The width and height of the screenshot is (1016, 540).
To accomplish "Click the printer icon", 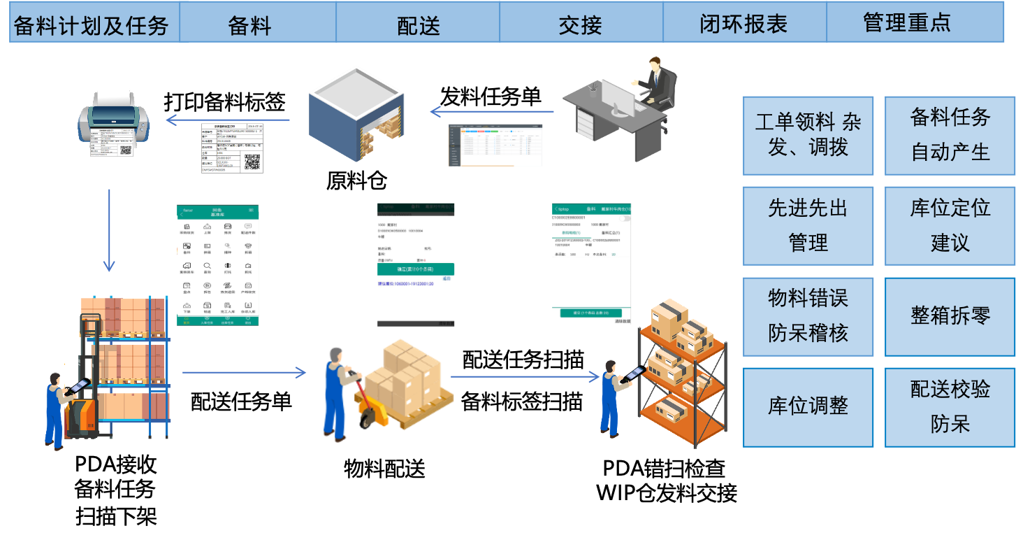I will coord(113,119).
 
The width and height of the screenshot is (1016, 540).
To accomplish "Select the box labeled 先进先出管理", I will coord(808,225).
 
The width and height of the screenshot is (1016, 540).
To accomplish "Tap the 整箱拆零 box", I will coord(950,315).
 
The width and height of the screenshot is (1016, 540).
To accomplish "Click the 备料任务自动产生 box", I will coord(950,135).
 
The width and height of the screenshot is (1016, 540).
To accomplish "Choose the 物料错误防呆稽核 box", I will coord(808,315).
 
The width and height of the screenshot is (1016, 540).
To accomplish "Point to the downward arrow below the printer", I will coord(109,230).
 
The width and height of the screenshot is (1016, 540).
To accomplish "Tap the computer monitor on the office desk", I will coord(618,99).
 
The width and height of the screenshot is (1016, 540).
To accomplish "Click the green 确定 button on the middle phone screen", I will coord(416,269).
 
